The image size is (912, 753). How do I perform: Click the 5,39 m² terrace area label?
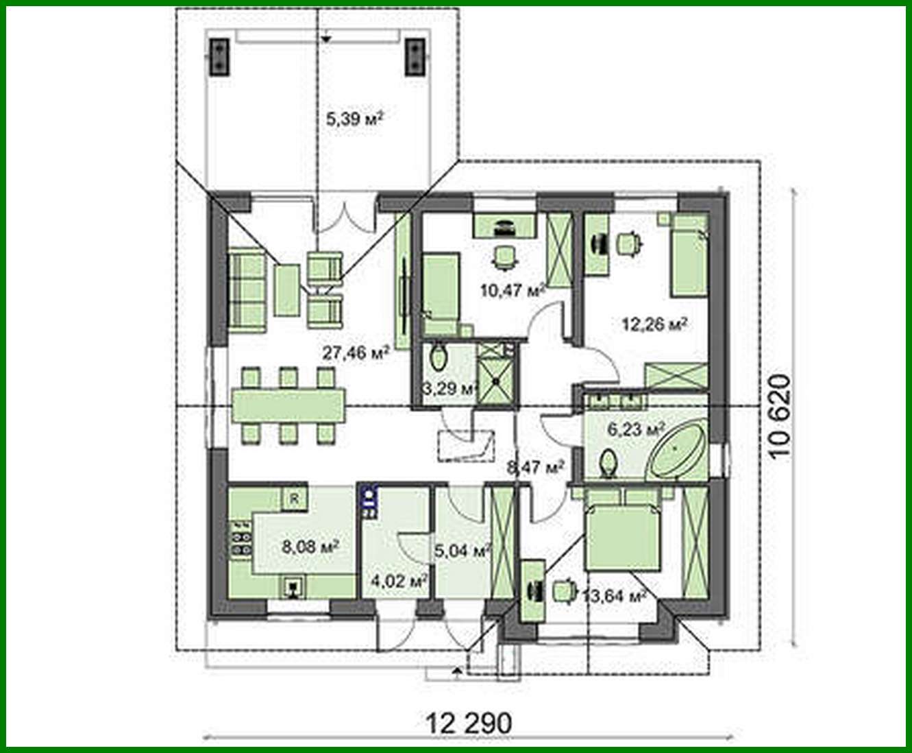click(x=354, y=120)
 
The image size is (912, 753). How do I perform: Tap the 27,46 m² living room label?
click(x=356, y=353)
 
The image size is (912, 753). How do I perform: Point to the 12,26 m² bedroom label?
click(x=654, y=324)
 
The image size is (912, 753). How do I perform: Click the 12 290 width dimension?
click(x=469, y=723)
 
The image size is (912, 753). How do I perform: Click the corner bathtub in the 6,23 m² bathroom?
click(x=677, y=451)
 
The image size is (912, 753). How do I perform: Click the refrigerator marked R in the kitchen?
click(x=294, y=499)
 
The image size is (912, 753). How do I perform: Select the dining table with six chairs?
click(x=288, y=405)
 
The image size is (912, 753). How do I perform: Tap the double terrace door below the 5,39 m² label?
click(x=344, y=216)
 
